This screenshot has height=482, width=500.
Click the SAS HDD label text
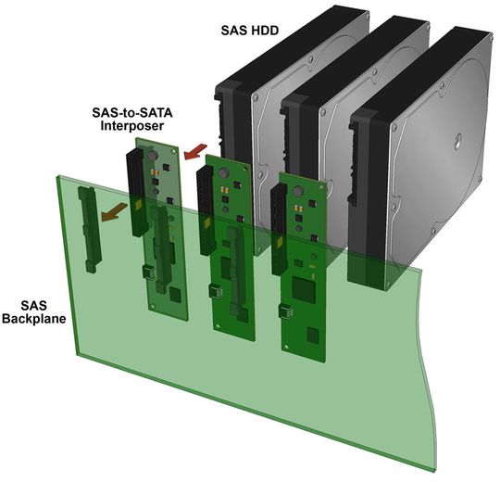[x=250, y=31]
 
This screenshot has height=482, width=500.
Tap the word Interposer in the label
[x=132, y=125]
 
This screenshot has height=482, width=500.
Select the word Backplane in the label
[x=34, y=319]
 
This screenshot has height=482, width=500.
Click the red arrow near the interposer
[x=195, y=151]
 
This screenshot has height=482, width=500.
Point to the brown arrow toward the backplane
[x=114, y=212]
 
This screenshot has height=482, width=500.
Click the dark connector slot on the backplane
[x=90, y=229]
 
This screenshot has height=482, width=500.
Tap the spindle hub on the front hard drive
[x=457, y=141]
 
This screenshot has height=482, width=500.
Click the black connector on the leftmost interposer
[x=137, y=193]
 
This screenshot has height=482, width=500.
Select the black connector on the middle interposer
[x=206, y=211]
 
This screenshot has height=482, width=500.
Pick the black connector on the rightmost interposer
[x=280, y=230]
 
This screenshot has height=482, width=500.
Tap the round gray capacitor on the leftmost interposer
[x=153, y=156]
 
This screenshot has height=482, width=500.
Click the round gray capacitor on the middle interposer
[x=224, y=173]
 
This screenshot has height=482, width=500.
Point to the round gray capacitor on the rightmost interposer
[x=298, y=191]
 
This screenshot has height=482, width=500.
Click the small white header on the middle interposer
[x=216, y=291]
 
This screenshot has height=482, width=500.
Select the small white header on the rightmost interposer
[x=286, y=311]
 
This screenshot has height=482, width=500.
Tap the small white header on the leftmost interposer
[x=148, y=272]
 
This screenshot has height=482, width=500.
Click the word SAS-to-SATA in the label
[x=132, y=113]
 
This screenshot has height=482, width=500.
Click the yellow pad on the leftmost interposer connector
[x=139, y=205]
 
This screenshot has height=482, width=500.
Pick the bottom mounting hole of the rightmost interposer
[x=287, y=347]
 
